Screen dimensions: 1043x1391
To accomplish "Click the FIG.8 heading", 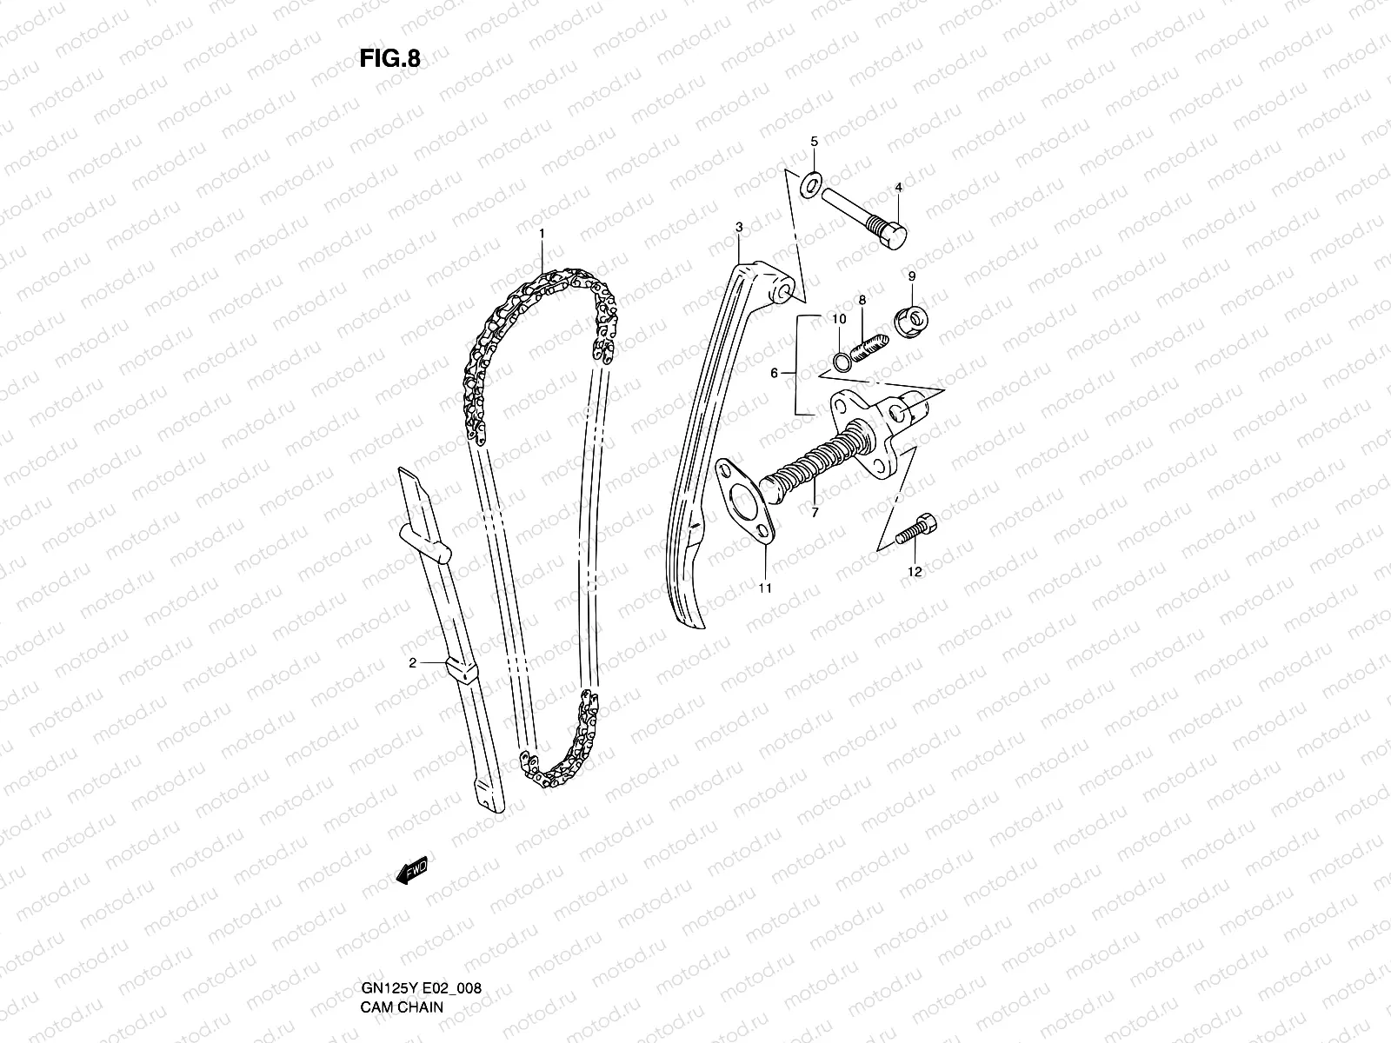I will [389, 59].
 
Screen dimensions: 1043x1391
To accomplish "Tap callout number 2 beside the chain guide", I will [413, 662].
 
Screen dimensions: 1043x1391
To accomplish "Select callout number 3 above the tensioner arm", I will [738, 228].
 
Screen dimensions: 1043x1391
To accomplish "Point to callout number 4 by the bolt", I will [898, 188].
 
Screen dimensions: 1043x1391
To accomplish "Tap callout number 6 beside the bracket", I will [774, 373].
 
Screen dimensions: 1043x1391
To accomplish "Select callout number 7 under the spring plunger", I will [815, 513].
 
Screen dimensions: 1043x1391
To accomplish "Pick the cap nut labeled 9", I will [909, 324].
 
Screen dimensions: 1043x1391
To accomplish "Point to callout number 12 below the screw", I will [914, 571].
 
